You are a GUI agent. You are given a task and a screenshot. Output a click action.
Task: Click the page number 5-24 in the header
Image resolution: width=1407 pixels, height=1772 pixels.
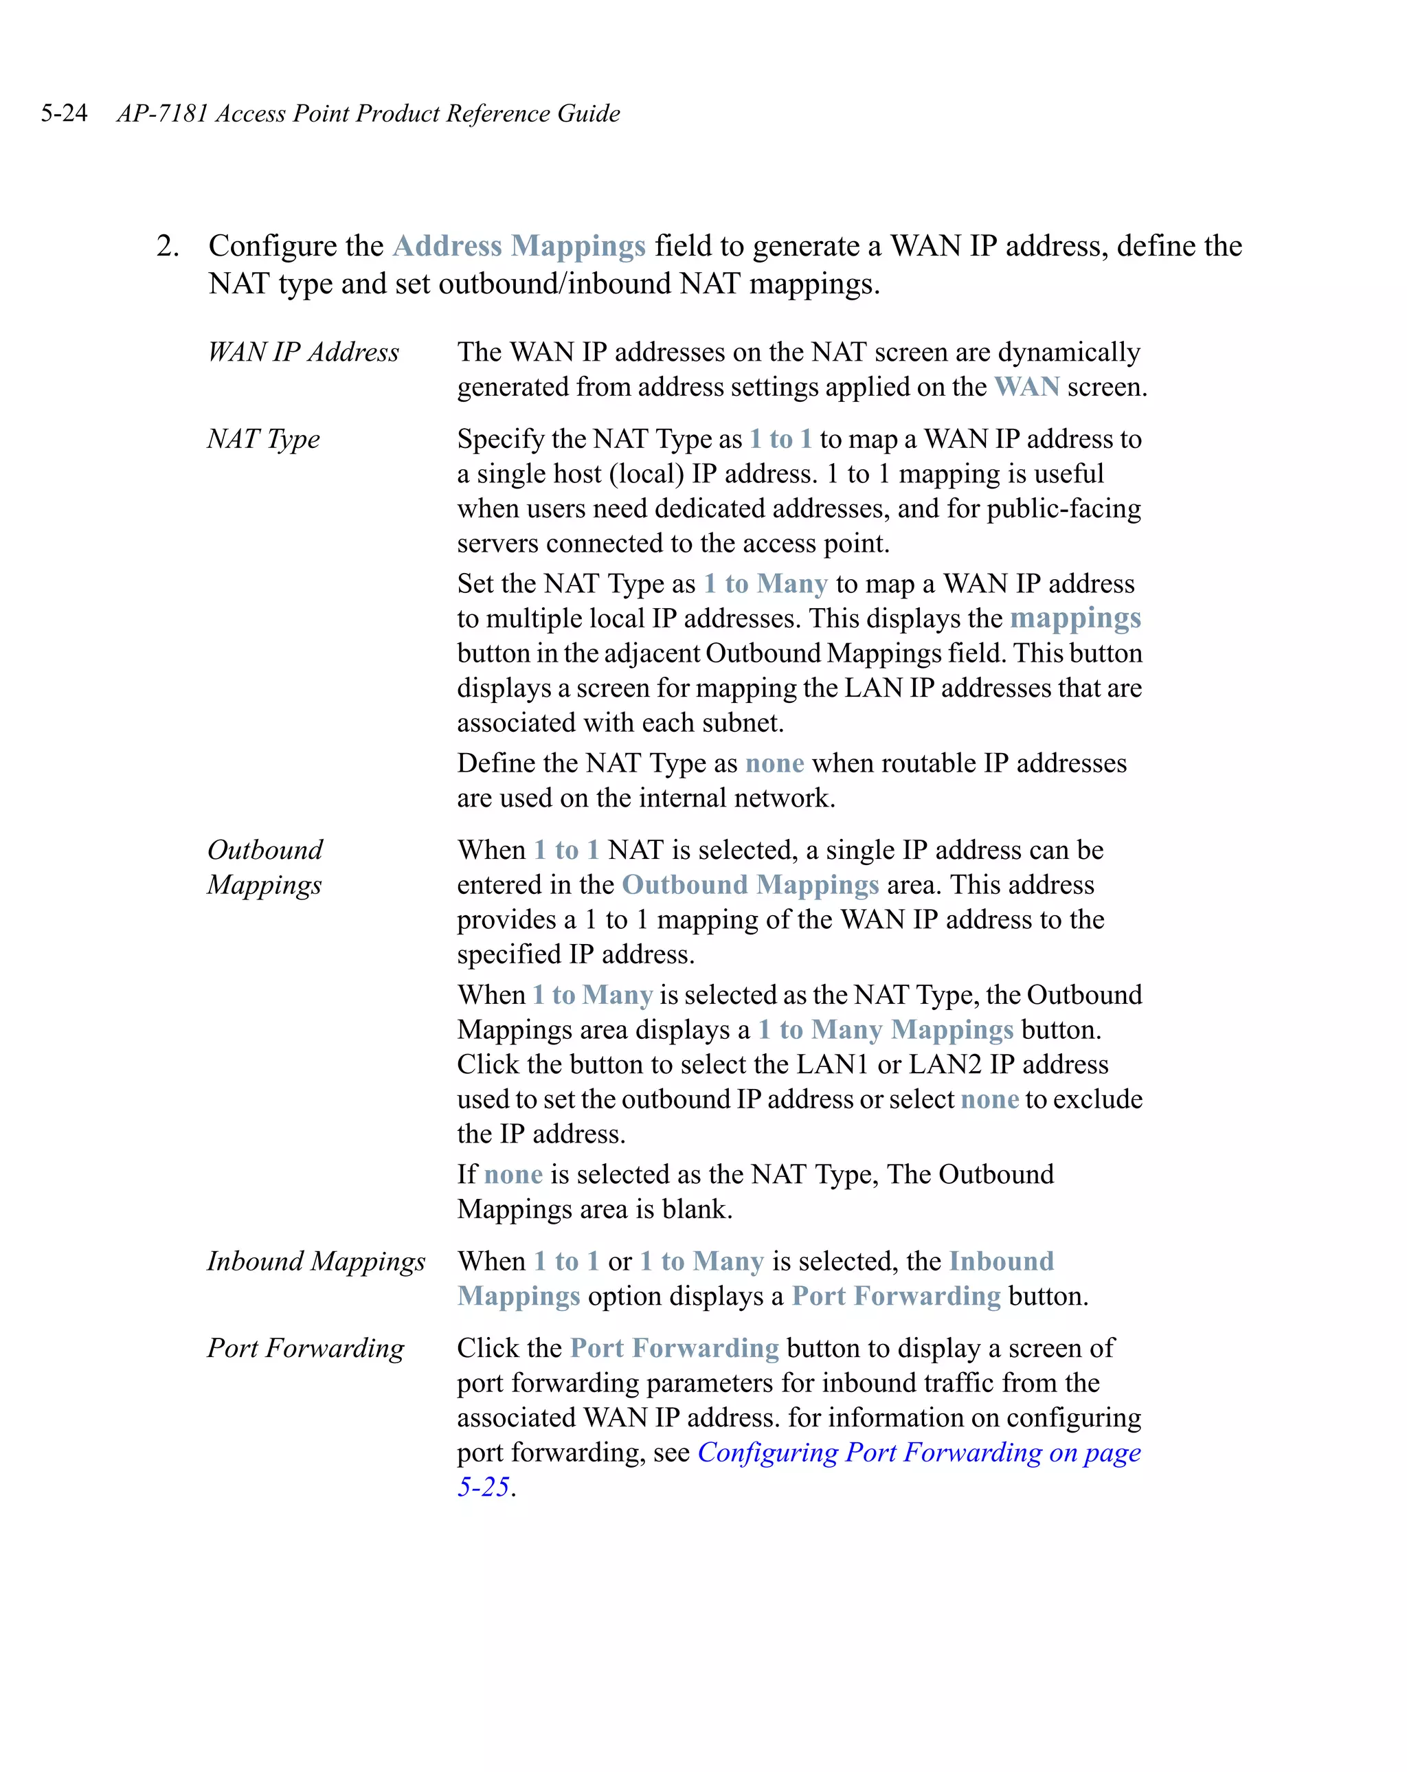(64, 113)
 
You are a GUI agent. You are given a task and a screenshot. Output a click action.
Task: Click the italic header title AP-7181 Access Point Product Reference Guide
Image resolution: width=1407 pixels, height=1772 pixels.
(368, 113)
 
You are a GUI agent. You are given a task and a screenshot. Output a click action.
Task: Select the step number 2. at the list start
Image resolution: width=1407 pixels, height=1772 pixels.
(168, 246)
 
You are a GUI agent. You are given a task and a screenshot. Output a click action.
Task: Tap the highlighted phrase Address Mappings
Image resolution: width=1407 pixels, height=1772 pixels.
(519, 246)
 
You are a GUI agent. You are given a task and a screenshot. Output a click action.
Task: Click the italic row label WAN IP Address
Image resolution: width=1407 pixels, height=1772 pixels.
(302, 352)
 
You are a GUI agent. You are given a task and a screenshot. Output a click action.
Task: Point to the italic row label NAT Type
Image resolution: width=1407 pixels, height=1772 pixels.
(263, 439)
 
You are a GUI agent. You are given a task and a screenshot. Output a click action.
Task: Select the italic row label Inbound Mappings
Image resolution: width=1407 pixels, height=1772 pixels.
(315, 1261)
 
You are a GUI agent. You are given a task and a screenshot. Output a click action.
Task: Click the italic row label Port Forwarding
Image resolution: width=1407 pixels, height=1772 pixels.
(305, 1348)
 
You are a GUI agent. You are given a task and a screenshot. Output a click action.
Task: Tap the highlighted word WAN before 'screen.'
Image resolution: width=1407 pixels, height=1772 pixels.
(1026, 387)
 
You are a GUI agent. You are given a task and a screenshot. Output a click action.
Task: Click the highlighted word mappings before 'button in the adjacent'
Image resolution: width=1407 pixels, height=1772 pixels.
(1074, 618)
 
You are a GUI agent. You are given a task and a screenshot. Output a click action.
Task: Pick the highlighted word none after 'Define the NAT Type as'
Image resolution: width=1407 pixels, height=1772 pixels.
(774, 763)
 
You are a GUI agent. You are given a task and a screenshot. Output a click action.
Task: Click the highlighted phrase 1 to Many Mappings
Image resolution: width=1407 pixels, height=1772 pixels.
(884, 1030)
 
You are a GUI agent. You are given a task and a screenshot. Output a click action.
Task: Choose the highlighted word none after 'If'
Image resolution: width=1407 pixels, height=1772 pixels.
(513, 1174)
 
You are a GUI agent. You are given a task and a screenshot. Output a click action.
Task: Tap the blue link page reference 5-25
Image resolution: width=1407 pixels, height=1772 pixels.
(483, 1488)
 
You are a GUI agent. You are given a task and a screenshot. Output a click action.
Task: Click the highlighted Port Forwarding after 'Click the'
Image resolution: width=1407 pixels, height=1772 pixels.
(674, 1348)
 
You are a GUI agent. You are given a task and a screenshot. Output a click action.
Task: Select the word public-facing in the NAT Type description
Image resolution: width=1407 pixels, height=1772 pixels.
(1063, 508)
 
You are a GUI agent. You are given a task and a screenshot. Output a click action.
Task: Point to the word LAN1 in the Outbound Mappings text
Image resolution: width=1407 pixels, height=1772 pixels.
(832, 1064)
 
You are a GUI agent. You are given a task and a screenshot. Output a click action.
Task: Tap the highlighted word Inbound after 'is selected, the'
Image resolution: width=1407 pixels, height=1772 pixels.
(1000, 1261)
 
